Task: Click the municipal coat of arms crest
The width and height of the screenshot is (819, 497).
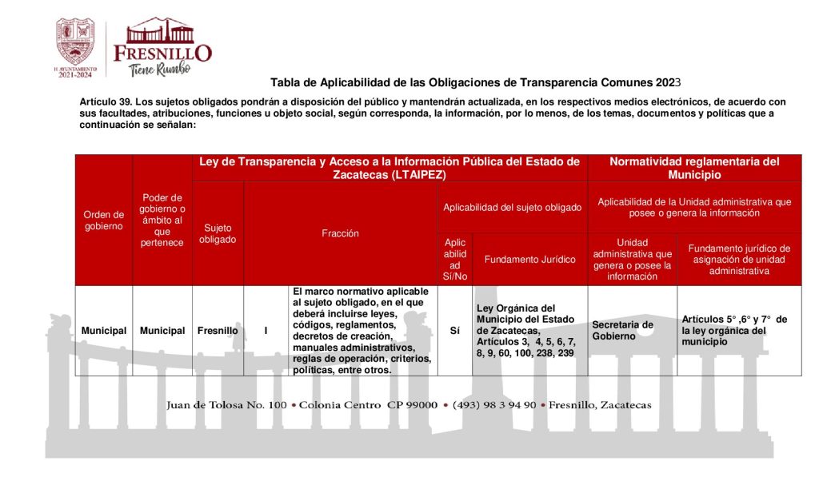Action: tap(74, 42)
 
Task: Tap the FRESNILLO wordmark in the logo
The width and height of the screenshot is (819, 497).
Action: tap(162, 53)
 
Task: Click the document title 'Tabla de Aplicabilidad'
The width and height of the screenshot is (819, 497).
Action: tap(475, 82)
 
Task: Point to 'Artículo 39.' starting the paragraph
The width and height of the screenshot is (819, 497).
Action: tap(106, 102)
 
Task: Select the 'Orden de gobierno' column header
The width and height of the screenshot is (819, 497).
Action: tap(104, 220)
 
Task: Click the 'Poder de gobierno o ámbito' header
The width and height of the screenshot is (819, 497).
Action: tap(162, 220)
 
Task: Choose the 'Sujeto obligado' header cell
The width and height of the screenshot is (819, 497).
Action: tap(218, 233)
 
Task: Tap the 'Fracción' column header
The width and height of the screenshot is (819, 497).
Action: tap(340, 233)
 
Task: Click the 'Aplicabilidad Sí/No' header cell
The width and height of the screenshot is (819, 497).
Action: tap(455, 259)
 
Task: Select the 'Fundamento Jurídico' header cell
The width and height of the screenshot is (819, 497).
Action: tap(529, 259)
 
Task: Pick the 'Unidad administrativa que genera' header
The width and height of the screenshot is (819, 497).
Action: tap(632, 259)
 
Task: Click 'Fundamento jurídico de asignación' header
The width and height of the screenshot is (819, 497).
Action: tap(739, 259)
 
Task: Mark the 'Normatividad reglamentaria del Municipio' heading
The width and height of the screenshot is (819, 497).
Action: tap(694, 168)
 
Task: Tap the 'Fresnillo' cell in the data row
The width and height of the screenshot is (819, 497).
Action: tap(218, 331)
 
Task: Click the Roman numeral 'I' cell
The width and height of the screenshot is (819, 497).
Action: tap(266, 331)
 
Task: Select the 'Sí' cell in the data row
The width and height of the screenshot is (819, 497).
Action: tap(455, 331)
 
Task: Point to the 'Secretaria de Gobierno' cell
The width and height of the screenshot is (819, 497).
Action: tap(623, 331)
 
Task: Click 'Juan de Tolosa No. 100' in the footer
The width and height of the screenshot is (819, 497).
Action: tap(226, 405)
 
